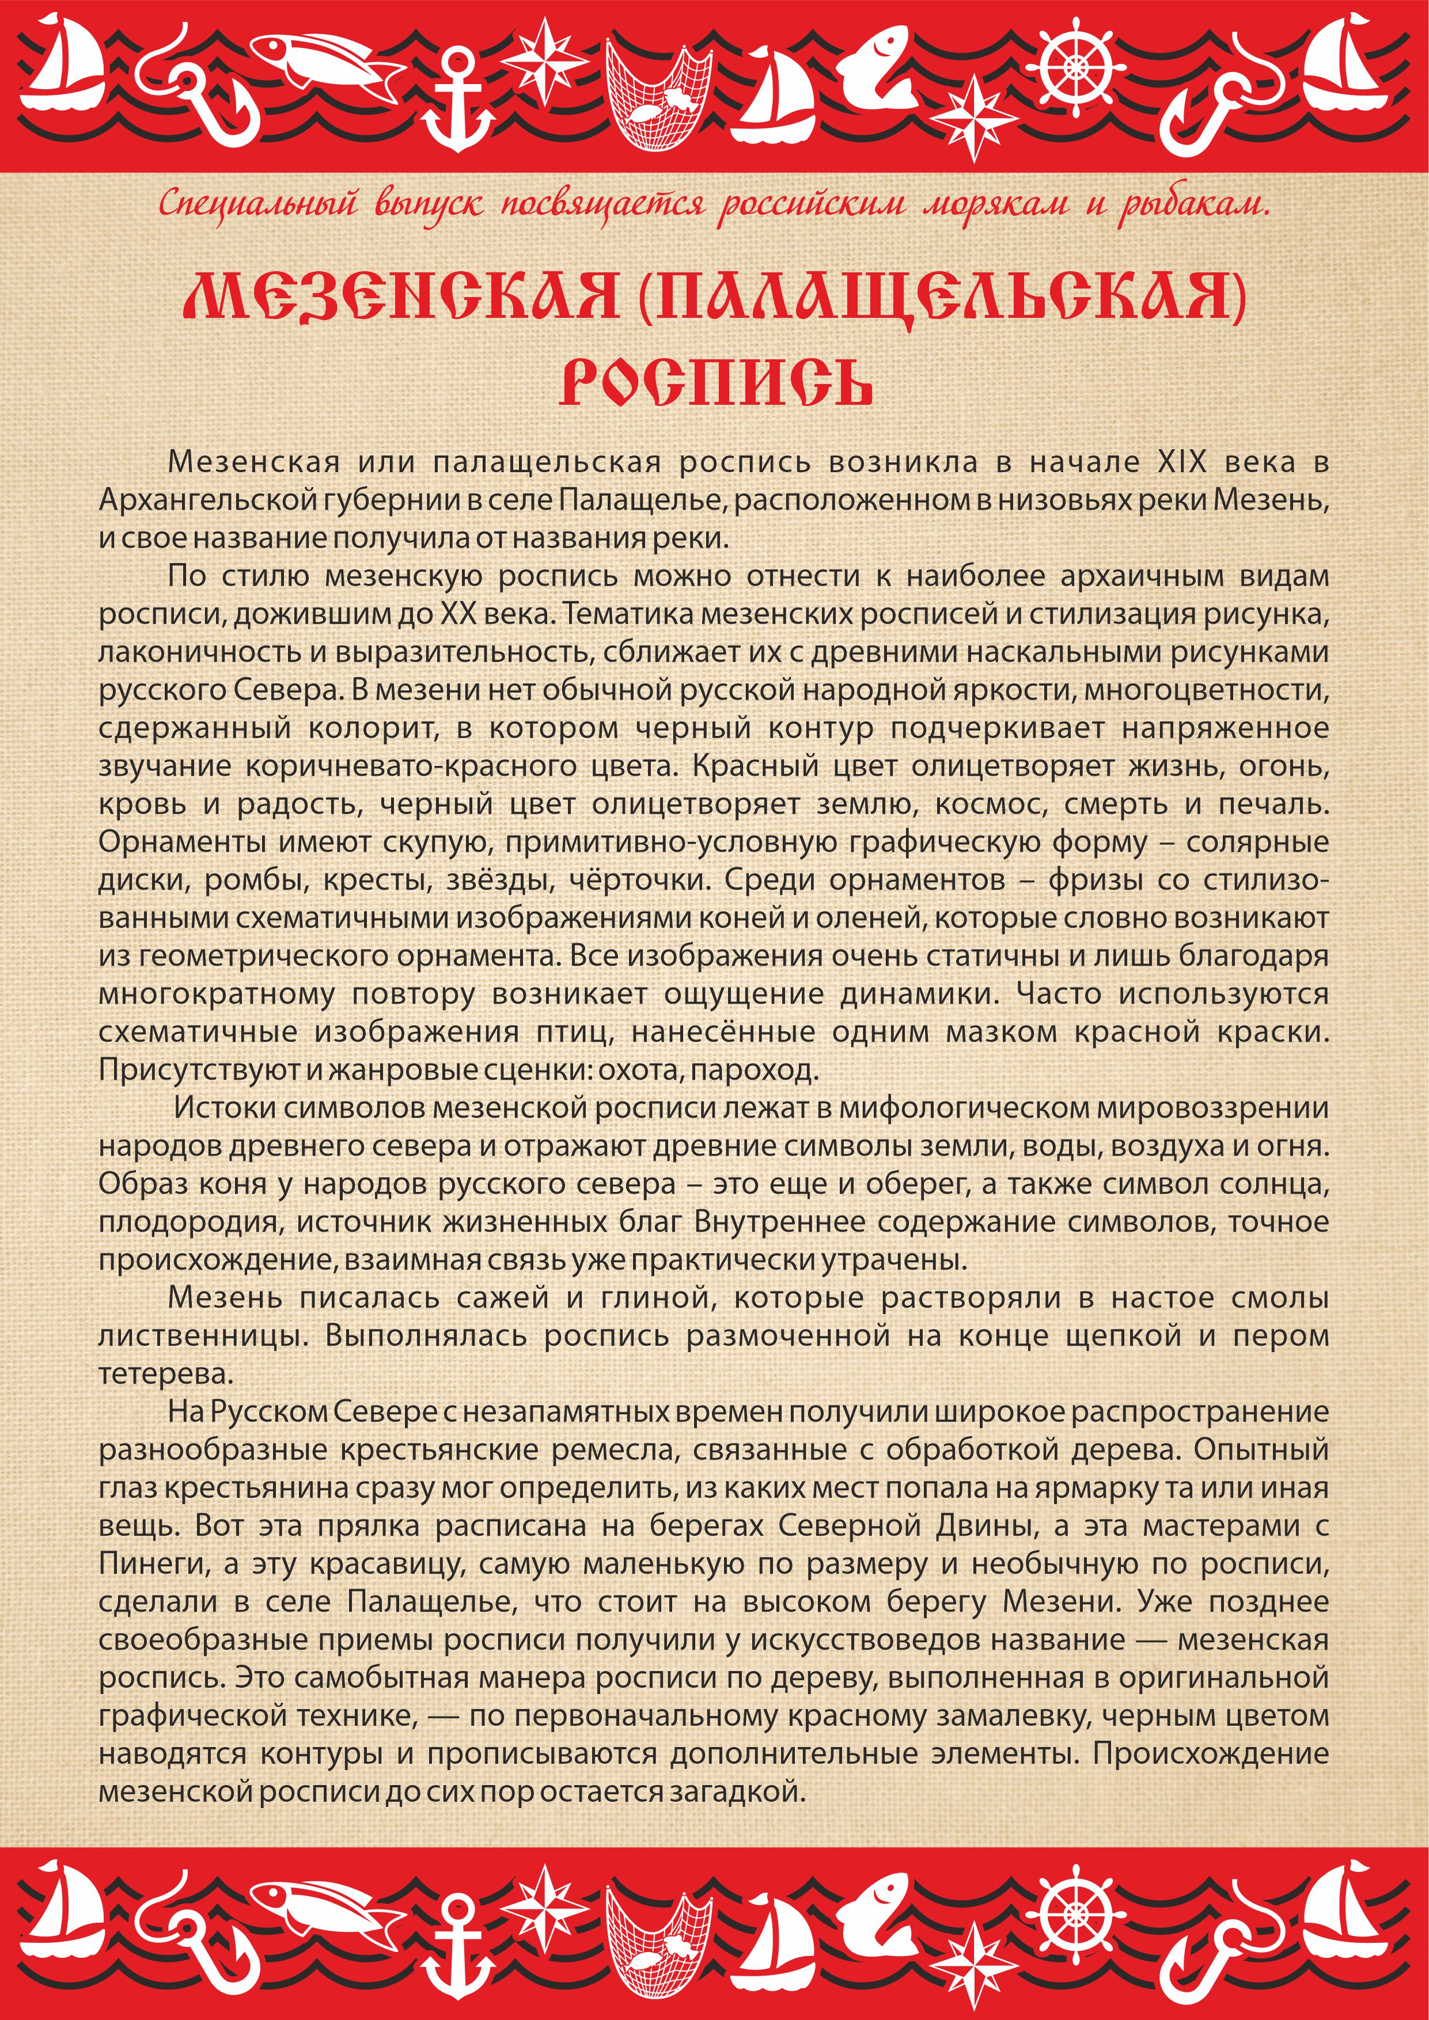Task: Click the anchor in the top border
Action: [x=457, y=101]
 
